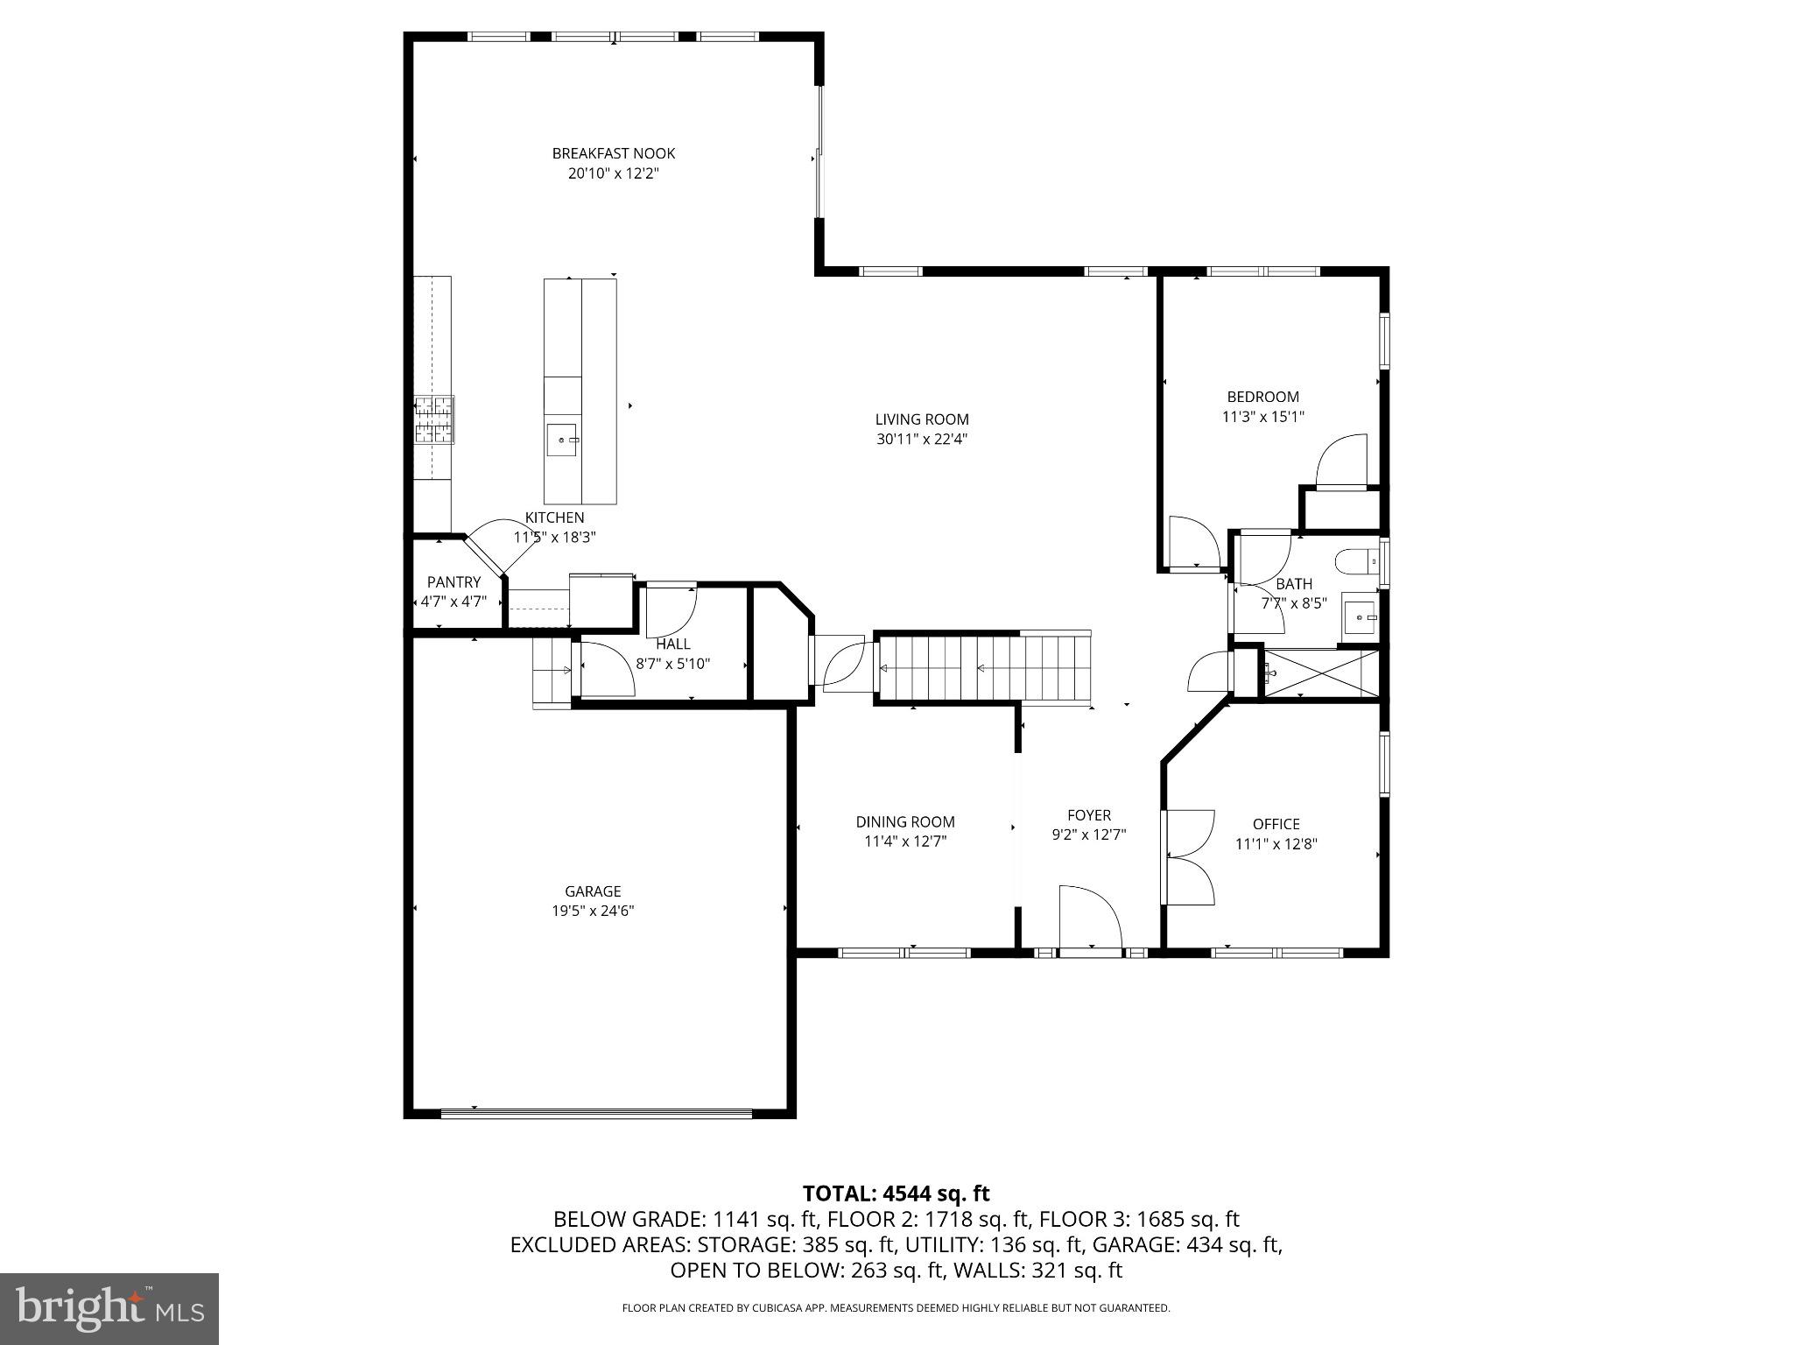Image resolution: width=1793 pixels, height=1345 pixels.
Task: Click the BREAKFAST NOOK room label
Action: (x=613, y=153)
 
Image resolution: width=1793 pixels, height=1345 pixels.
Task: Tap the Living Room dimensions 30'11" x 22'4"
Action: (x=921, y=440)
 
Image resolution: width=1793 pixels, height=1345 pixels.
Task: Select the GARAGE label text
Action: (x=593, y=891)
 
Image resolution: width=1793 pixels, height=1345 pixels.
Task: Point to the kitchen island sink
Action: (x=561, y=440)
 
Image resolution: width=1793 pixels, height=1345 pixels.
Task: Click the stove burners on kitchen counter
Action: (x=434, y=419)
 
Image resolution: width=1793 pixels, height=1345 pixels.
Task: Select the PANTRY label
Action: (x=454, y=582)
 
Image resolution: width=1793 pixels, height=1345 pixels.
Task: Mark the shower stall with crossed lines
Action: (x=1322, y=672)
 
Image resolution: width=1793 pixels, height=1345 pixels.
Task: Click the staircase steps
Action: (x=981, y=669)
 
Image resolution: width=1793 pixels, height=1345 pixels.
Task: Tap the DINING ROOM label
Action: (x=905, y=821)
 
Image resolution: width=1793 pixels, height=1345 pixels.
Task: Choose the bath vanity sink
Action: (x=1361, y=617)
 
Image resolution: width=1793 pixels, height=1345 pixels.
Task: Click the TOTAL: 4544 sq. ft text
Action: (x=896, y=1194)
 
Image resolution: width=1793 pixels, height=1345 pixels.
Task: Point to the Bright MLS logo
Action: (x=109, y=1309)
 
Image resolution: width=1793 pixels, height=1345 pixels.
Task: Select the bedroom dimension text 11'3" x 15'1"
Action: (x=1262, y=418)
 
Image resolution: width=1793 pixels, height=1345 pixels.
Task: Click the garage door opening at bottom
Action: (x=595, y=1114)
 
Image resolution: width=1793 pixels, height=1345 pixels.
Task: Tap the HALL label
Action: (x=672, y=644)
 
